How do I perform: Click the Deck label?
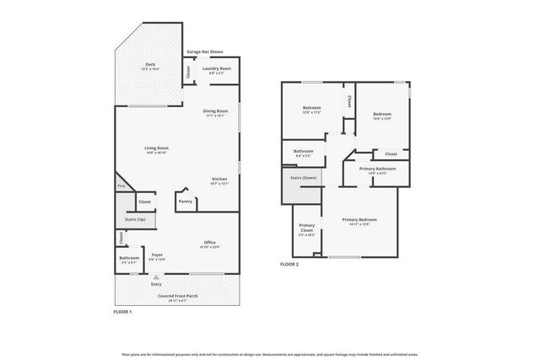click(x=149, y=65)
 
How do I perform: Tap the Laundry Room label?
click(x=217, y=69)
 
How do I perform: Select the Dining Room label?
click(x=216, y=111)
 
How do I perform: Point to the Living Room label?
click(x=156, y=149)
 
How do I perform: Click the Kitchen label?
click(x=219, y=180)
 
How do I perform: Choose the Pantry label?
click(x=186, y=201)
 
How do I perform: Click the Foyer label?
click(x=157, y=255)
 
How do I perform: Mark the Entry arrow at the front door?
click(x=156, y=276)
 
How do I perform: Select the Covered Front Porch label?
click(x=177, y=296)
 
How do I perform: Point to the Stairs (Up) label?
click(x=135, y=220)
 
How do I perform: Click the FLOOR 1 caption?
click(x=122, y=313)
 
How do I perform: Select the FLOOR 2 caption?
click(x=289, y=264)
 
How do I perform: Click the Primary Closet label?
click(x=307, y=228)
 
